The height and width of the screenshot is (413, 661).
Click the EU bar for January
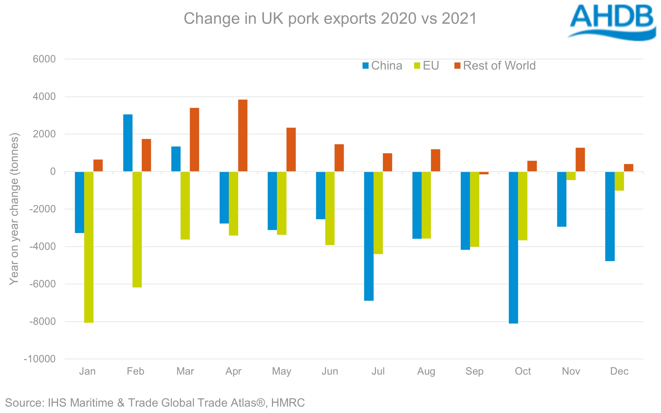(89, 247)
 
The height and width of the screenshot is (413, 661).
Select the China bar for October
(513, 247)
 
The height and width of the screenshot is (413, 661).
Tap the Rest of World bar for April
(243, 135)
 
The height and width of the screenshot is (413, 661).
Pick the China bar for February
(128, 143)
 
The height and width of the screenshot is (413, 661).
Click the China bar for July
(369, 236)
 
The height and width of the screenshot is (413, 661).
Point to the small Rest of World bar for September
(484, 173)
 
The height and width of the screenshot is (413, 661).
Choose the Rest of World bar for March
(195, 140)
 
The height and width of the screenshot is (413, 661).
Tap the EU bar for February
(137, 229)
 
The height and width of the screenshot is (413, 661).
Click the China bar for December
(610, 216)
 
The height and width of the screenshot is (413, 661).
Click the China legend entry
(386, 65)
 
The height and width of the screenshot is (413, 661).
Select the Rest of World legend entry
(499, 65)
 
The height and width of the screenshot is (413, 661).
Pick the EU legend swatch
(417, 65)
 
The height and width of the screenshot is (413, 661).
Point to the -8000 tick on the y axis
(43, 321)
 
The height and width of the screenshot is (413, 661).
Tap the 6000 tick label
(44, 59)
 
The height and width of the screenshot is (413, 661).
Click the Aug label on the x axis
(426, 371)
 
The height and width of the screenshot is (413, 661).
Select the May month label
(281, 371)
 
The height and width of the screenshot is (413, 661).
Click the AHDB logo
(612, 22)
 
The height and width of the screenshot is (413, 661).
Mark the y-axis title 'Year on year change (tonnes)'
(14, 209)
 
